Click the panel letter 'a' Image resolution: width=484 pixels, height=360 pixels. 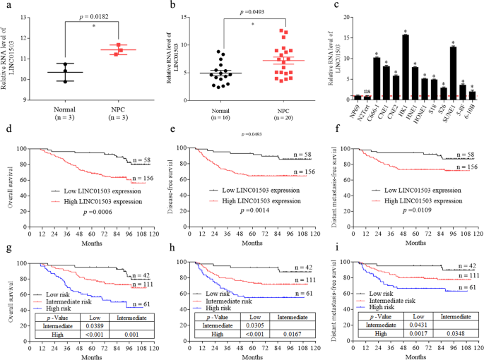(x=6, y=6)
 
